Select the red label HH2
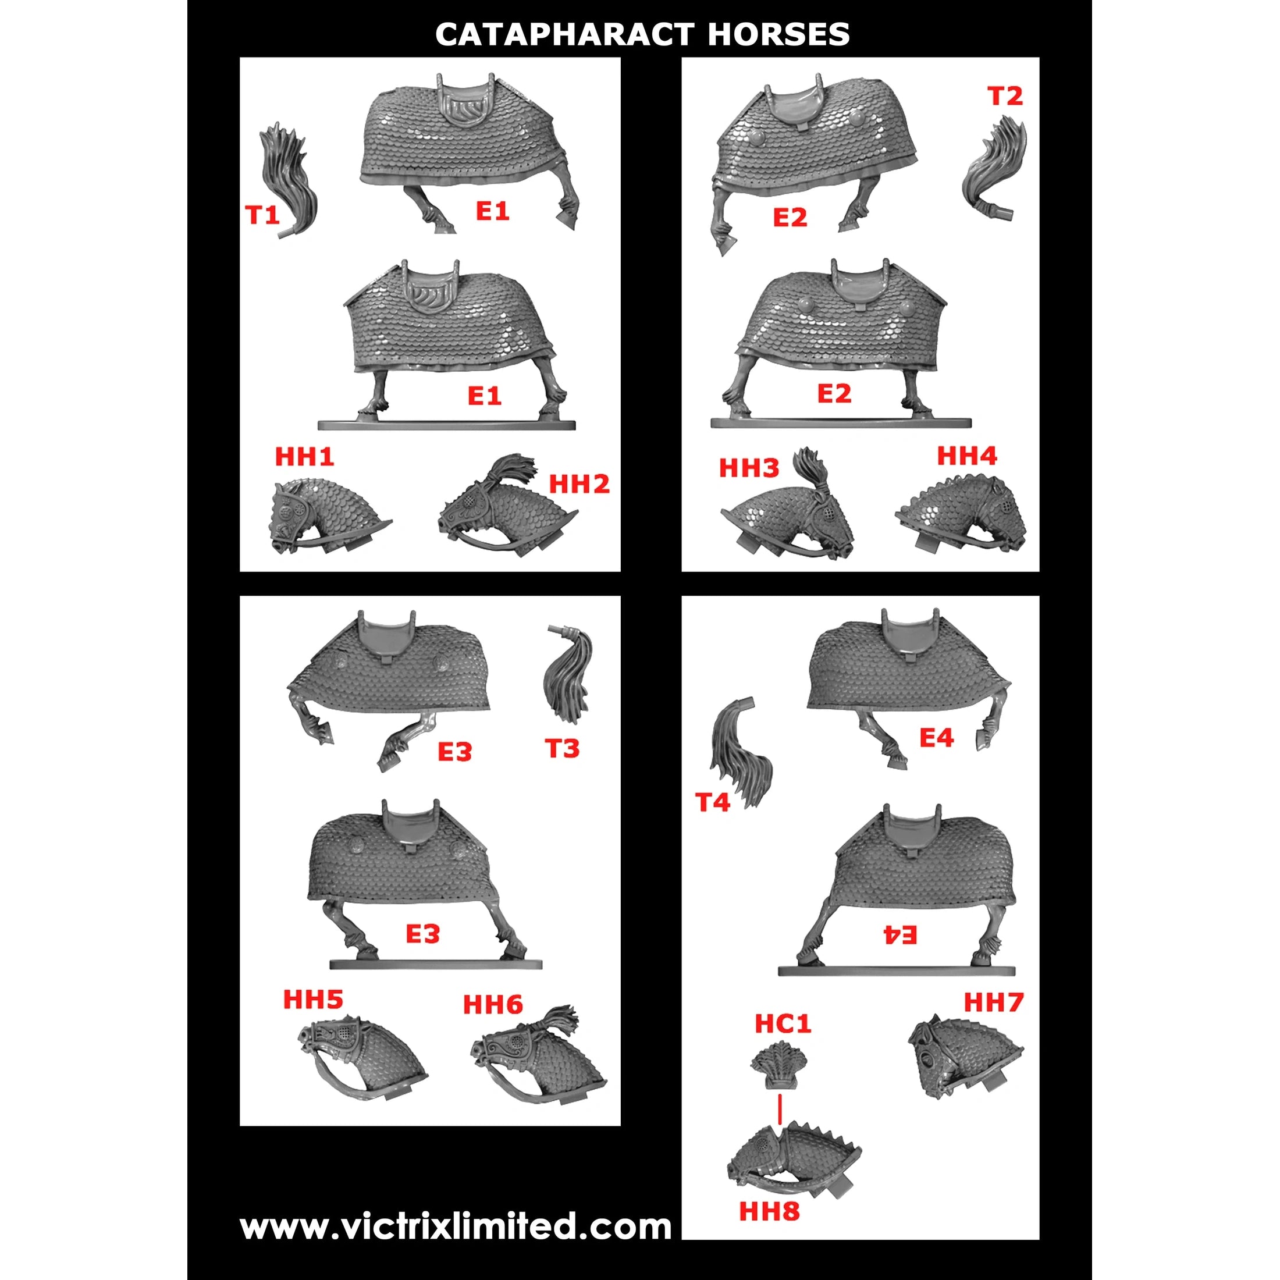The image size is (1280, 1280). pyautogui.click(x=578, y=484)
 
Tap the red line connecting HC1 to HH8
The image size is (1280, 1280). pyautogui.click(x=780, y=1108)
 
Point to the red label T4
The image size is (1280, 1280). pyautogui.click(x=712, y=802)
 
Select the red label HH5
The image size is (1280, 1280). pyautogui.click(x=312, y=999)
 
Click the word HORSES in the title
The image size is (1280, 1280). pyautogui.click(x=778, y=34)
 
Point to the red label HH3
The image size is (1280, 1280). pyautogui.click(x=749, y=468)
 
